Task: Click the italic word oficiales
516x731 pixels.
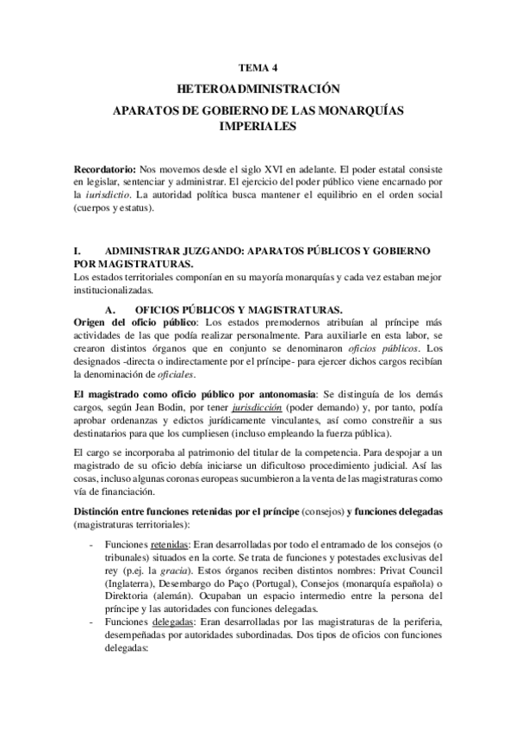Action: pos(197,375)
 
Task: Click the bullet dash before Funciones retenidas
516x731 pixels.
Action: pos(92,546)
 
